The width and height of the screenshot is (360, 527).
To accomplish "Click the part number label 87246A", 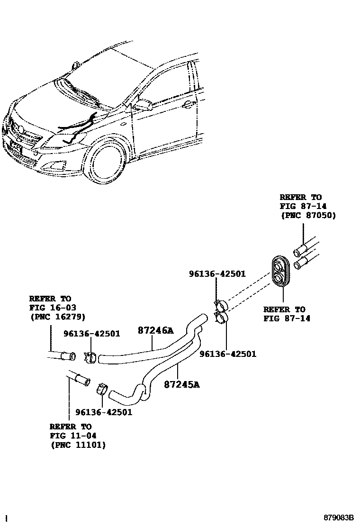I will click(155, 331).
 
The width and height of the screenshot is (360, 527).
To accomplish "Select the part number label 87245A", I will click(181, 384).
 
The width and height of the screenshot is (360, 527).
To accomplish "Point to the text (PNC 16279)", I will click(57, 317).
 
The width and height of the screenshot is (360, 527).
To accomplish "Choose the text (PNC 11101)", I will click(78, 445).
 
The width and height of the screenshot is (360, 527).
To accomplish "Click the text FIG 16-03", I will click(50, 308).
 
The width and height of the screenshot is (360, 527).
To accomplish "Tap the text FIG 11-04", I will click(71, 436).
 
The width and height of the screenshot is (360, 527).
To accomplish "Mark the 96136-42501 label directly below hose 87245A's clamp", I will click(104, 412).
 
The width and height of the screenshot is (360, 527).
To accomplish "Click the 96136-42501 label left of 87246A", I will click(91, 334).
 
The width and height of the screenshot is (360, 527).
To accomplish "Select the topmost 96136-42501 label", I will click(217, 273).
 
